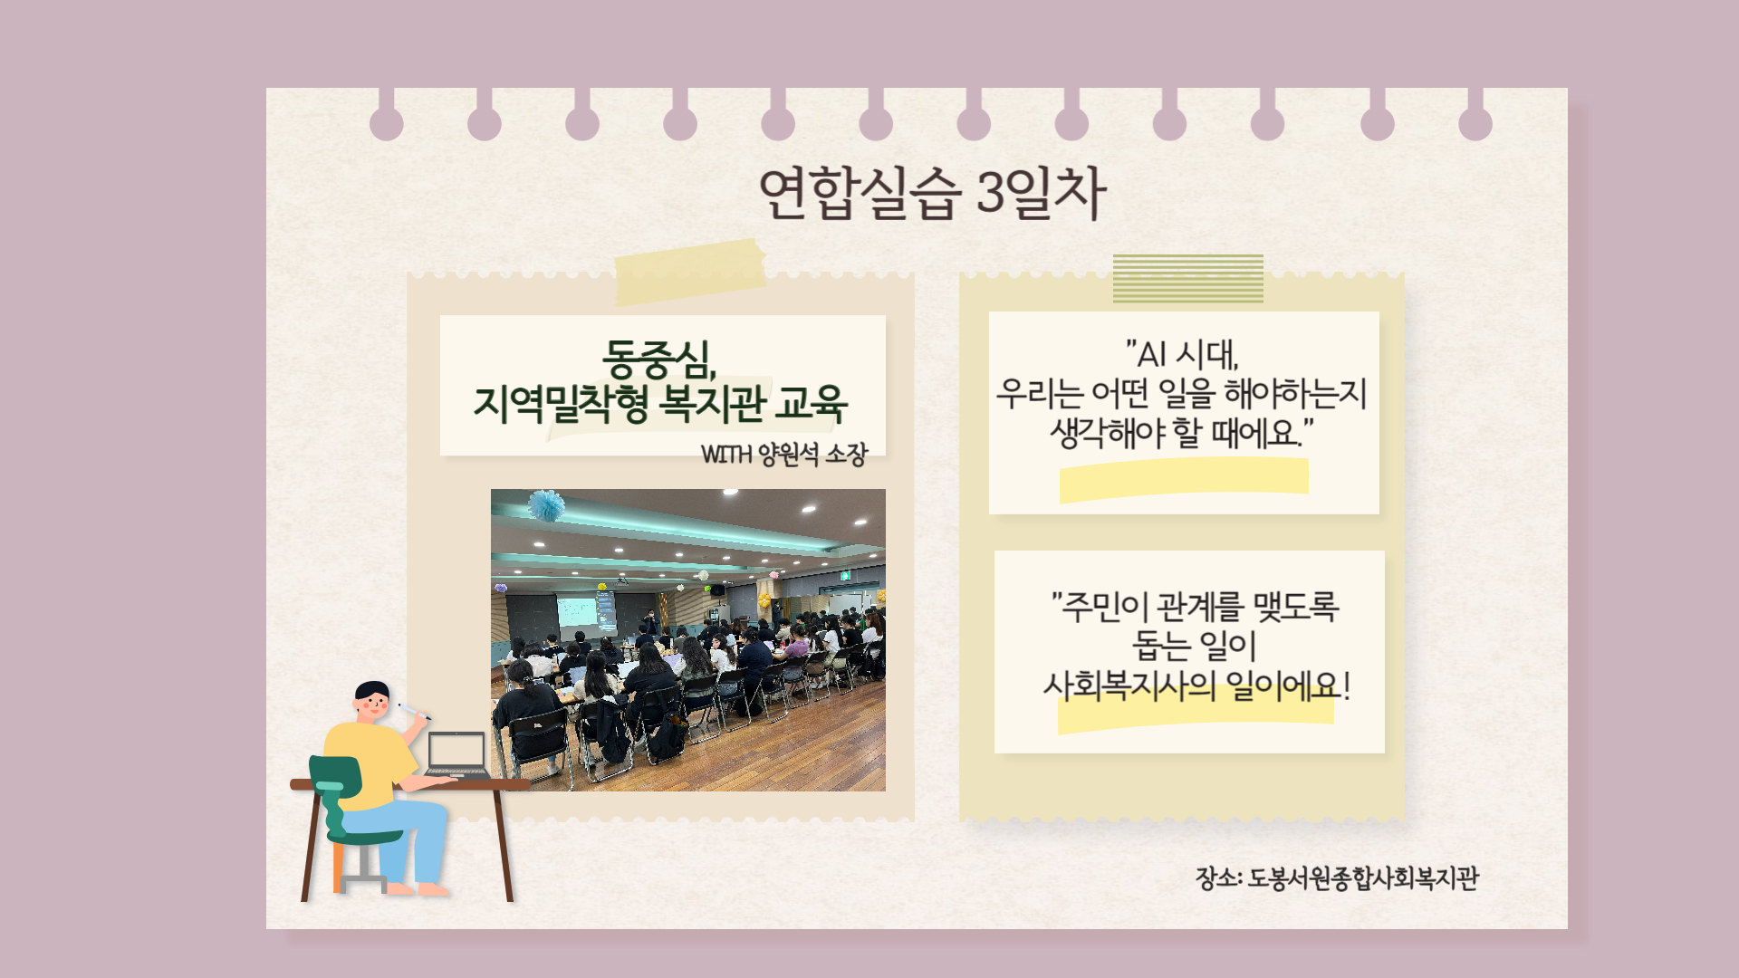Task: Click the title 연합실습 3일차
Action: (932, 192)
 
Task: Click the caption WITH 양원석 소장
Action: (783, 454)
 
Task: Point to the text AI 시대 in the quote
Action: (1182, 354)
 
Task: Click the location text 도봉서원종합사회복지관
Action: (1363, 878)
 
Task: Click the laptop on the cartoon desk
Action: (457, 755)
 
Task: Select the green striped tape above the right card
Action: (1188, 279)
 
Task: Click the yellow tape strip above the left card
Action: (690, 272)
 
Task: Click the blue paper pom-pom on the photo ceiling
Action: (546, 505)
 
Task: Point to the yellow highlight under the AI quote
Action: (1184, 479)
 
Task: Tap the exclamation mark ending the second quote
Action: (1347, 686)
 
